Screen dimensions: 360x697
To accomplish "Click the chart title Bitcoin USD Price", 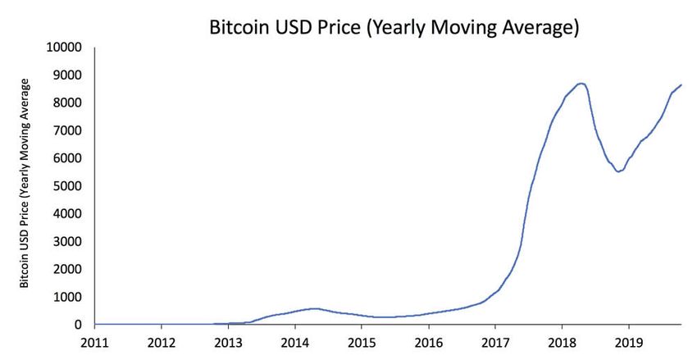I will (394, 28).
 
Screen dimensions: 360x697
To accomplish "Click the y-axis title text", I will (25, 183).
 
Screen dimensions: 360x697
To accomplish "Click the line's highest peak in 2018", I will (581, 83).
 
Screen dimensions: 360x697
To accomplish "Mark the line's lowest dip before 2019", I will (619, 171).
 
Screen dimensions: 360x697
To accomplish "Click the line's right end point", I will (681, 85).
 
